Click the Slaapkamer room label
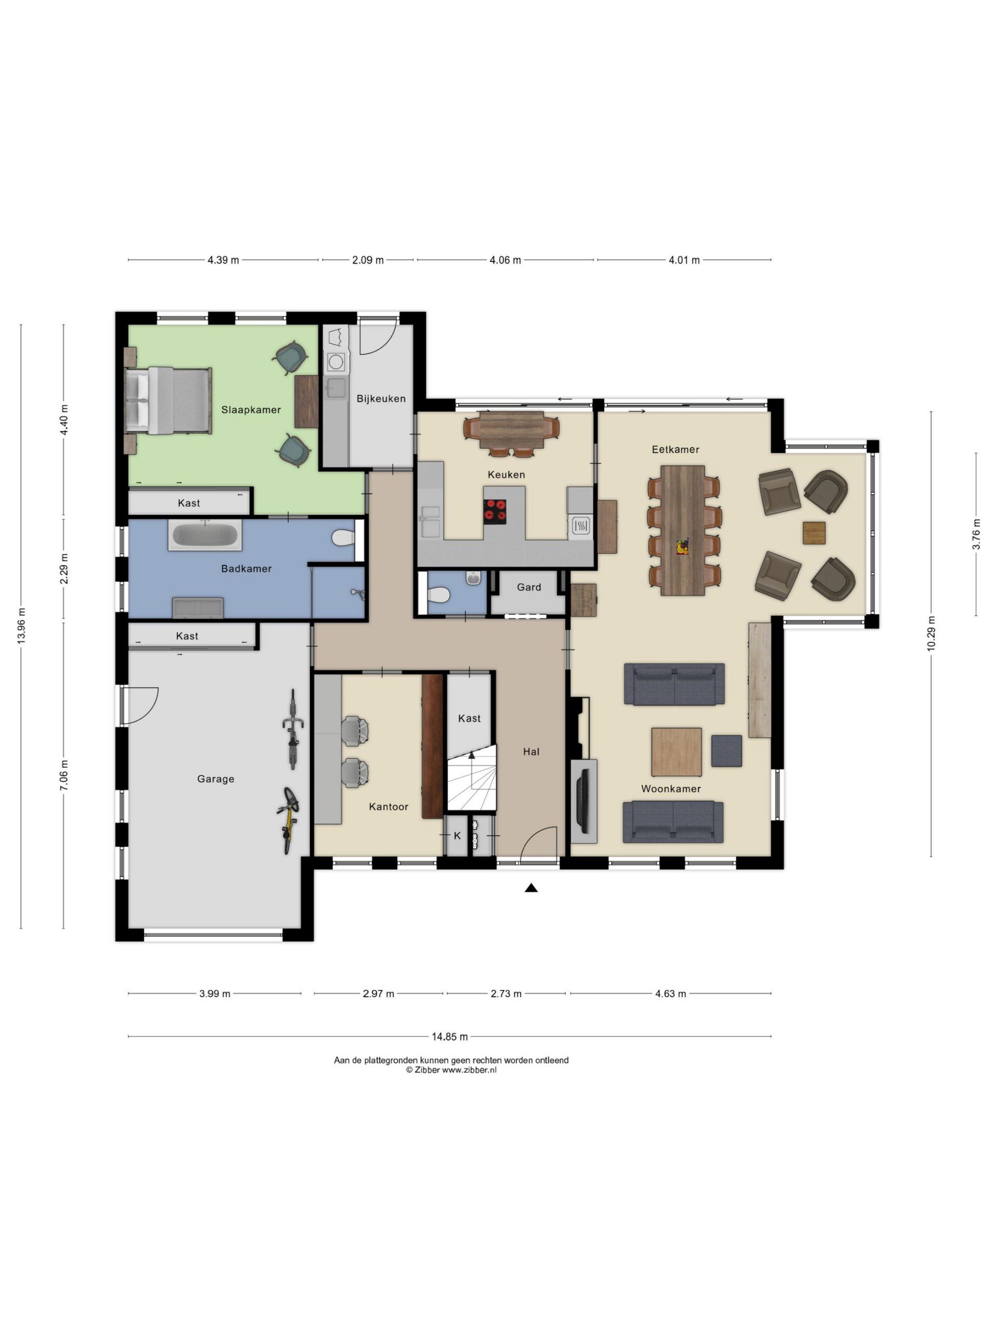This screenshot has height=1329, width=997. click(x=251, y=410)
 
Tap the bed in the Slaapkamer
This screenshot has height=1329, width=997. click(x=168, y=400)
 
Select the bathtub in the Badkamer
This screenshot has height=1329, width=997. click(x=205, y=535)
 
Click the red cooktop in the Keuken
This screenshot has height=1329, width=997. click(x=494, y=511)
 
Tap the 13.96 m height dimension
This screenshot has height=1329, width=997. click(x=21, y=626)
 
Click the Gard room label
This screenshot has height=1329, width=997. click(x=529, y=587)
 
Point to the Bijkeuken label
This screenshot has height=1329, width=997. click(x=381, y=398)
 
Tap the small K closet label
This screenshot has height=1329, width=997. click(x=457, y=836)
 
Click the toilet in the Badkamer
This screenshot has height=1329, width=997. click(x=344, y=536)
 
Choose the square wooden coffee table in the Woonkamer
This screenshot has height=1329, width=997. click(x=677, y=752)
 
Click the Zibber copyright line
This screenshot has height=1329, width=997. click(x=451, y=1069)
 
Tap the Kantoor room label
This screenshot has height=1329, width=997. click(x=388, y=807)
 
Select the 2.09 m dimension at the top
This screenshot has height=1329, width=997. click(x=368, y=260)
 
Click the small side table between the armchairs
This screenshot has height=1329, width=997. click(x=814, y=533)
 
